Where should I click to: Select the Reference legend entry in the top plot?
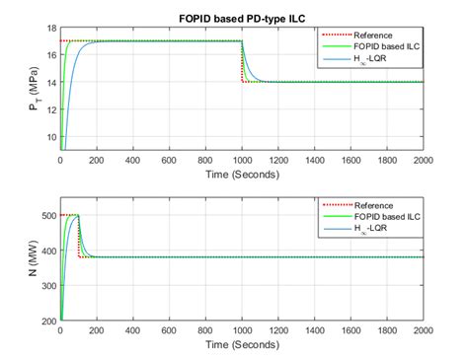click(x=375, y=35)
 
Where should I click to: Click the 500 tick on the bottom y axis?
click(x=45, y=215)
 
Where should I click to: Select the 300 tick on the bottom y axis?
click(x=45, y=286)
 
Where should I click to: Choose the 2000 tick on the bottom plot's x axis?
click(x=422, y=331)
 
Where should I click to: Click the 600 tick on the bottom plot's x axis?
click(x=169, y=331)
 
